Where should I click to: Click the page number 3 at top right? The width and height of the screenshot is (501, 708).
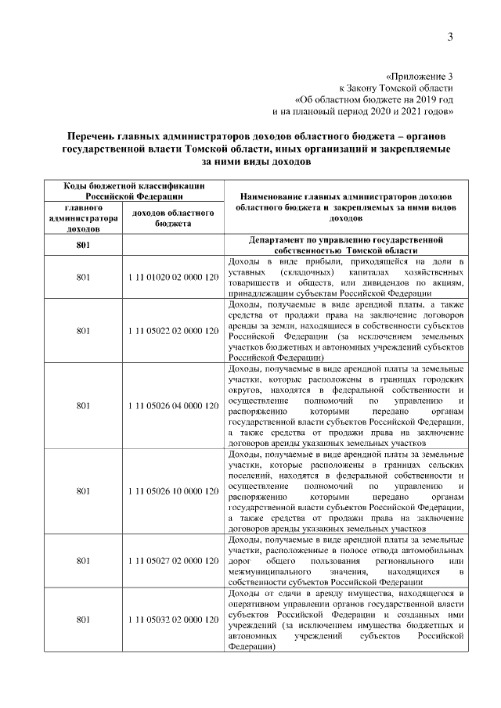[x=451, y=37]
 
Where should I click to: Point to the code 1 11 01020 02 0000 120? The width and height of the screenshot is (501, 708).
[x=172, y=277]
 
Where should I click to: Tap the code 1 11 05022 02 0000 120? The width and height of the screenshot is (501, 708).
[x=172, y=330]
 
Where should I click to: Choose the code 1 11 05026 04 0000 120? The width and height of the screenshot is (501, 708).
[x=172, y=405]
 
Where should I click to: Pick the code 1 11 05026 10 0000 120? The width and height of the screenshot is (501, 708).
[x=172, y=491]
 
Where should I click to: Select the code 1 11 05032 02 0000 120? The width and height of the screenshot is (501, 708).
[x=172, y=620]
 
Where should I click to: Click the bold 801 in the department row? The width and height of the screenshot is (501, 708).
[x=83, y=245]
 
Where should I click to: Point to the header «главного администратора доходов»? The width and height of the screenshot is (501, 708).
[x=83, y=218]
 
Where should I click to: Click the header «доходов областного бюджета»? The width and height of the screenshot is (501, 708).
[x=173, y=217]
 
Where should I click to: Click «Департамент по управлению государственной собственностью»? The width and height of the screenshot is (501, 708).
[x=345, y=239]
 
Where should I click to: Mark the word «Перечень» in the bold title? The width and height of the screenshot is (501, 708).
[x=96, y=138]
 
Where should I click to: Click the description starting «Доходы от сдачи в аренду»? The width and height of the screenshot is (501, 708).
[x=345, y=620]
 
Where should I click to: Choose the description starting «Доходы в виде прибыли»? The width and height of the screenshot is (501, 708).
[x=345, y=277]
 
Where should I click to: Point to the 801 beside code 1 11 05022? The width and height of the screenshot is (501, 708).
[x=83, y=330]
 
